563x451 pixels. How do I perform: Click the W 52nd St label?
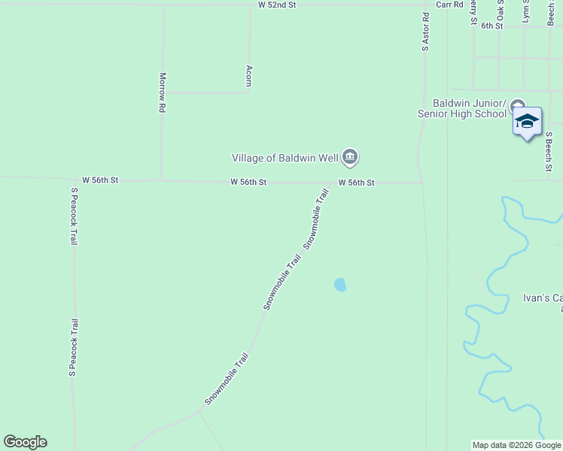tap(278, 5)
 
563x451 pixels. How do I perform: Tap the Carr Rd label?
tap(449, 5)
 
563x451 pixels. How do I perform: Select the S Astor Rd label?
tap(425, 32)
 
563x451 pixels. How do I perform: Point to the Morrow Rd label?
tap(162, 92)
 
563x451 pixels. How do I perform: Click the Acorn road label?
tap(248, 75)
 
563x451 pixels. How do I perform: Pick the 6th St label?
tap(491, 26)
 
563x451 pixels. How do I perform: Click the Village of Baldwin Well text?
tap(285, 157)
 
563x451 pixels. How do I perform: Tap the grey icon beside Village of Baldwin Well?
tap(350, 157)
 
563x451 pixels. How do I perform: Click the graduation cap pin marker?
tap(527, 121)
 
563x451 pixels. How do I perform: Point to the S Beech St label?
tap(549, 151)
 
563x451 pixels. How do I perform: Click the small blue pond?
tap(340, 285)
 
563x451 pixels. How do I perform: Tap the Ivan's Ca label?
tap(543, 298)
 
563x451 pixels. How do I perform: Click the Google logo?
tap(25, 442)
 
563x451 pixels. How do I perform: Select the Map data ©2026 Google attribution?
tap(516, 445)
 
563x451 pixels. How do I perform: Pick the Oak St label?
tap(500, 11)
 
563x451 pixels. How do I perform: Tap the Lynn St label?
tap(526, 11)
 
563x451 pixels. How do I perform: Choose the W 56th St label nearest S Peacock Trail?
tap(100, 180)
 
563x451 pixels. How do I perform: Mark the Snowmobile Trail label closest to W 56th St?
tap(316, 219)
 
